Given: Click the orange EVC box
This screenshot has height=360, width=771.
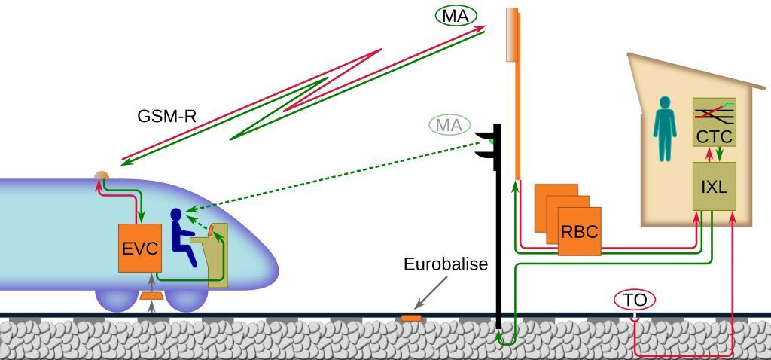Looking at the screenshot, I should [139, 248].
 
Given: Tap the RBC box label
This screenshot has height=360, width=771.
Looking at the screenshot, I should [579, 231].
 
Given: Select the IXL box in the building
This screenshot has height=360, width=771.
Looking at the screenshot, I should [714, 186].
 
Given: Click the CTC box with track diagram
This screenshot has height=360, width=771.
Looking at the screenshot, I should [714, 123].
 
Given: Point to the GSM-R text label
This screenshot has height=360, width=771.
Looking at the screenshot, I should [167, 117].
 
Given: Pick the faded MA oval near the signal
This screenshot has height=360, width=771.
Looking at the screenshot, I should [449, 125].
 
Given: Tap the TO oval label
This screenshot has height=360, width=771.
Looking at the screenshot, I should [635, 300].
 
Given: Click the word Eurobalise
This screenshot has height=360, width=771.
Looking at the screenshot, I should [446, 264].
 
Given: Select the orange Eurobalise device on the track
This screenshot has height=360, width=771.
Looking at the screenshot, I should [410, 318].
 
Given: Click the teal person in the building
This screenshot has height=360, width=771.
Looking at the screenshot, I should [664, 128].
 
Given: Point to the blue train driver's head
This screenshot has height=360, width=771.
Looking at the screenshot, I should [177, 216].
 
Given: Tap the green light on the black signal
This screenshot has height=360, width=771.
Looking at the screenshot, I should [491, 140].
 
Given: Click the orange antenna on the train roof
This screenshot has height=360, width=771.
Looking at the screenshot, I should [101, 177].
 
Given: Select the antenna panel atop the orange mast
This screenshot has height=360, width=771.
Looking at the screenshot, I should [512, 34].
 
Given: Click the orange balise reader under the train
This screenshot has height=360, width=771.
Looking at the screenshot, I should [152, 296].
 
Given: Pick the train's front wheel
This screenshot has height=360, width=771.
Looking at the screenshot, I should [186, 299].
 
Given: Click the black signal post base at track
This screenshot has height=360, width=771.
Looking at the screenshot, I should [498, 324].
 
